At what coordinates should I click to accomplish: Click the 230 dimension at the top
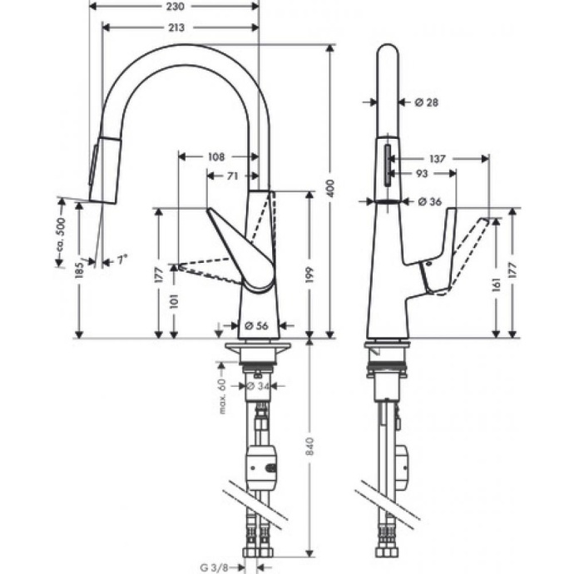pyautogui.click(x=175, y=7)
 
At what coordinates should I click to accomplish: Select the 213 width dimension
pyautogui.click(x=175, y=27)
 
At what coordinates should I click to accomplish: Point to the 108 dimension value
pyautogui.click(x=216, y=156)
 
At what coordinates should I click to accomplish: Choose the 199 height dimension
pyautogui.click(x=309, y=265)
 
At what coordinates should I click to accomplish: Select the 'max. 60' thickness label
pyautogui.click(x=222, y=393)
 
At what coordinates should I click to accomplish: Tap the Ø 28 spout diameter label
pyautogui.click(x=426, y=102)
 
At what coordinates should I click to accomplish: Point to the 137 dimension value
pyautogui.click(x=436, y=156)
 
